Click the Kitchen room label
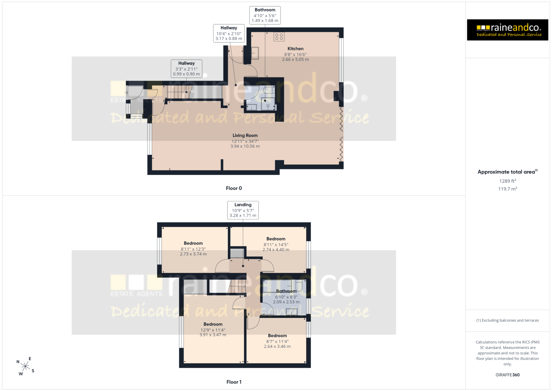[x=295, y=49]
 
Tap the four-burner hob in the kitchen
[x=279, y=36]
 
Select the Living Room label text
[x=245, y=135]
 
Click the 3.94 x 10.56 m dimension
[x=245, y=146]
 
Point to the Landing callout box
[x=243, y=210]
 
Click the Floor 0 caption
[x=234, y=188]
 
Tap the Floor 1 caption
[x=234, y=382]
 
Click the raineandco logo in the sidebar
[x=508, y=30]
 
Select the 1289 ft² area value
[x=508, y=181]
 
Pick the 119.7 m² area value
[x=508, y=189]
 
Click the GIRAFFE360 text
[x=508, y=375]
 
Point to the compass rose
[x=25, y=366]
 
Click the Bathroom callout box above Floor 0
[x=265, y=15]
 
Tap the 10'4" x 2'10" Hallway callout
[x=229, y=33]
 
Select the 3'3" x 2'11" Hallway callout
[x=187, y=69]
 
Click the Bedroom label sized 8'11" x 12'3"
[x=193, y=243]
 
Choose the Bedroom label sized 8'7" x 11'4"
[x=277, y=336]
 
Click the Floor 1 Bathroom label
[x=286, y=291]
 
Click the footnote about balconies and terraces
[x=508, y=320]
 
